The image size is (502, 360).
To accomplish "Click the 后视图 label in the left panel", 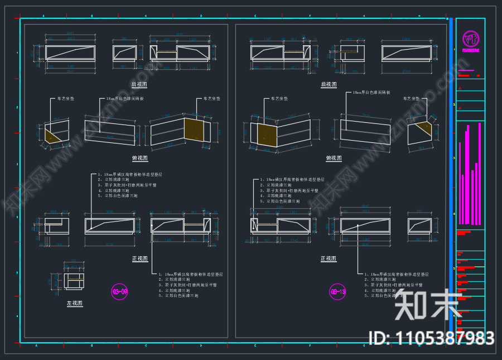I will point(139,85).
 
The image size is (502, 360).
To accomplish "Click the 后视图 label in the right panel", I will point(329,85).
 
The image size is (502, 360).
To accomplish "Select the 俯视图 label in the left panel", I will point(139,159).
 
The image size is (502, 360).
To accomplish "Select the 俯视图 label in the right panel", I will point(334,159).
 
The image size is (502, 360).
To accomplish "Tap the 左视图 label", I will point(75,304).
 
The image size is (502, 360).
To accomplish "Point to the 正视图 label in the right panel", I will point(329,259).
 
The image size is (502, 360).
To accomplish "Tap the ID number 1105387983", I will point(432,338).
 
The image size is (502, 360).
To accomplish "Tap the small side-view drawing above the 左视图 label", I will point(74,279).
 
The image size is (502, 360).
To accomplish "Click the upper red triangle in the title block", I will point(460,88).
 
